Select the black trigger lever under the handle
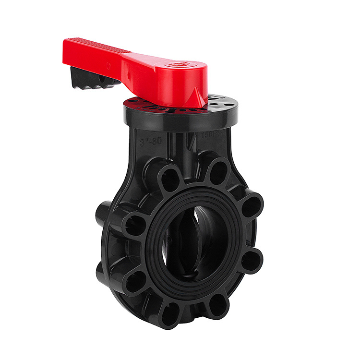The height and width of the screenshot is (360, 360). coord(93,78)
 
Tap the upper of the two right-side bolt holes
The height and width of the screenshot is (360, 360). coord(251,206)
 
